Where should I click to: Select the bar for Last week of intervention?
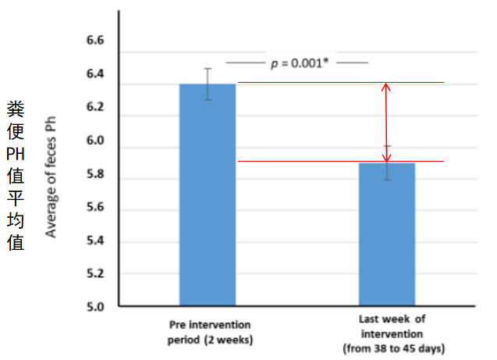[x=387, y=233]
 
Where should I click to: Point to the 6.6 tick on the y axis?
[x=94, y=41]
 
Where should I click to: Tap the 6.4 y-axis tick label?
[x=94, y=75]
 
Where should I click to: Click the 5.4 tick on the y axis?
[x=94, y=241]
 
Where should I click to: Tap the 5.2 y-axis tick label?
[x=94, y=274]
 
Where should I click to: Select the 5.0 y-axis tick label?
[x=94, y=307]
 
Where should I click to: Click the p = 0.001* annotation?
[x=297, y=63]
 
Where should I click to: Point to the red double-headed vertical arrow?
[x=385, y=122]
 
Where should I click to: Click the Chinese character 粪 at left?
[x=16, y=108]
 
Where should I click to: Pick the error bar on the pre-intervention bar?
[x=208, y=84]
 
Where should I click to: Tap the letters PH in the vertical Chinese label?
[x=16, y=154]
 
